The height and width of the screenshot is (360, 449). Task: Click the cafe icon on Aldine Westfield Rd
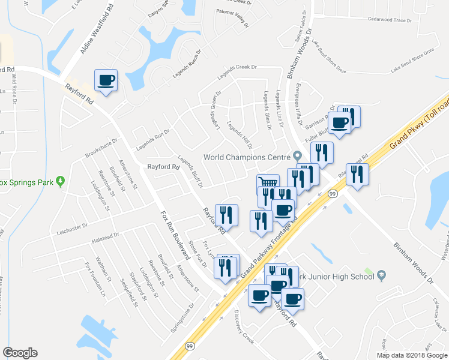(x=106, y=80)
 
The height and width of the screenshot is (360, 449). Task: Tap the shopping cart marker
(x=268, y=182)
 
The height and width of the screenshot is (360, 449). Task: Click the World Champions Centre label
(x=247, y=157)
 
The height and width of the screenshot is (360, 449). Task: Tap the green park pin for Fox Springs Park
(x=60, y=181)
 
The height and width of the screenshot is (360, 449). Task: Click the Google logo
(x=20, y=353)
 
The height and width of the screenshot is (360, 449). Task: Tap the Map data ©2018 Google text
(x=411, y=355)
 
